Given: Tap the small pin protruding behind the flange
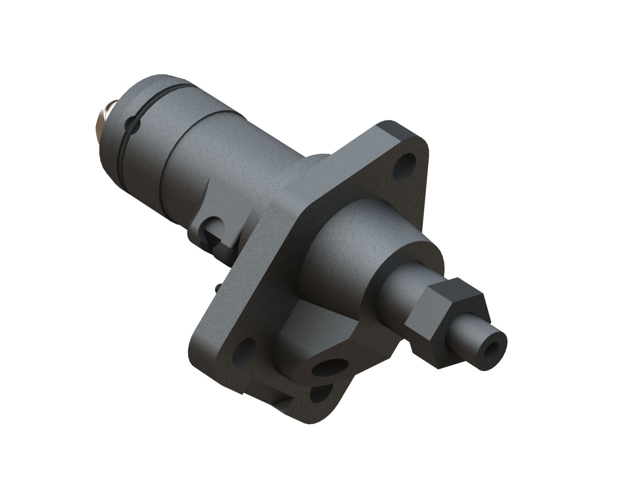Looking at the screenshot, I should click(218, 286).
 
